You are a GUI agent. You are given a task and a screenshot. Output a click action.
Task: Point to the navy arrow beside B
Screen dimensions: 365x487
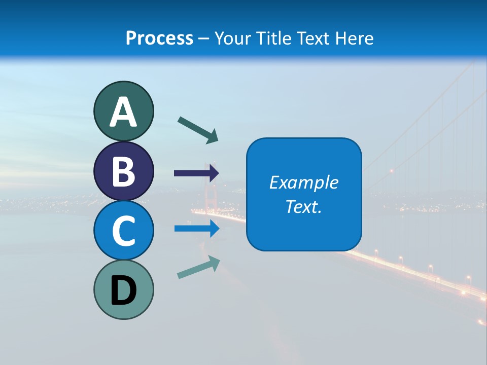196,173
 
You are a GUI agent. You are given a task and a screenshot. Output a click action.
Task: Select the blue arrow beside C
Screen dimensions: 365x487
196,229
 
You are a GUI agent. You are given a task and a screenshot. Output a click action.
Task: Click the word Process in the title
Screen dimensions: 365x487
159,38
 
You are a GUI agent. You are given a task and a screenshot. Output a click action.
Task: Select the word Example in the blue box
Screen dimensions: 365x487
303,182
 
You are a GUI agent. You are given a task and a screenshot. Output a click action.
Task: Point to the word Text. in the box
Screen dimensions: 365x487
303,206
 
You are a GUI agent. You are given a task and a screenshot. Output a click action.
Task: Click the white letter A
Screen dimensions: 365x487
123,113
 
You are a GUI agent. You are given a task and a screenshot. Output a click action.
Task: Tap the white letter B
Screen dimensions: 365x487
123,172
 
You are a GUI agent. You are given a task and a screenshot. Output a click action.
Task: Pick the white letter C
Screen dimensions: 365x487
123,231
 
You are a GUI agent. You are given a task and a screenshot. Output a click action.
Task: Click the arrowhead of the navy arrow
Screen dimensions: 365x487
214,173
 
